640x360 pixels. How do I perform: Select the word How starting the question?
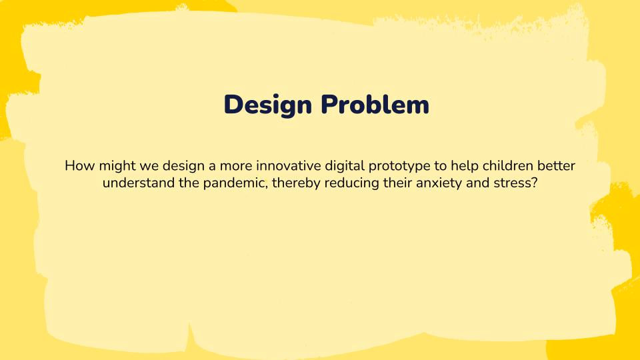(79, 165)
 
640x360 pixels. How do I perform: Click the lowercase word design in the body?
(183, 165)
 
